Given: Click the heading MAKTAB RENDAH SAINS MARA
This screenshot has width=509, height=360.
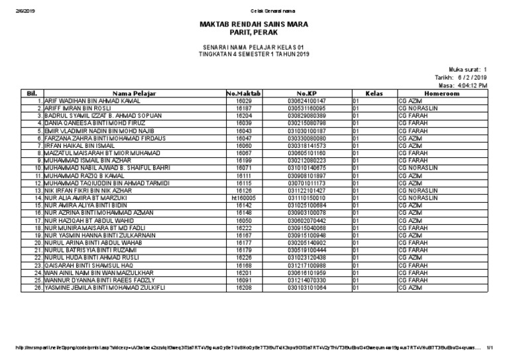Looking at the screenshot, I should point(254,24).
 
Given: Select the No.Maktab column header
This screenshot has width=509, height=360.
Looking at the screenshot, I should point(243,93).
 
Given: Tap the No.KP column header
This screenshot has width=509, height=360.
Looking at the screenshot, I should point(307,93).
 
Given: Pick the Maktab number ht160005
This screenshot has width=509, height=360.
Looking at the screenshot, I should point(243,198).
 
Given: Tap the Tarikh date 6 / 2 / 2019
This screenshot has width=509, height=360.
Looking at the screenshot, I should point(471,77).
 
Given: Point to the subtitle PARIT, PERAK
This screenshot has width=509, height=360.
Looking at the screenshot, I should point(254,32).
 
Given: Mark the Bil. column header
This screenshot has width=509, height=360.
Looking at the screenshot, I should point(31,93).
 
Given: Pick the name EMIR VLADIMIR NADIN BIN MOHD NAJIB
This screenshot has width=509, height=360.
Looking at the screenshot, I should point(99,130).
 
